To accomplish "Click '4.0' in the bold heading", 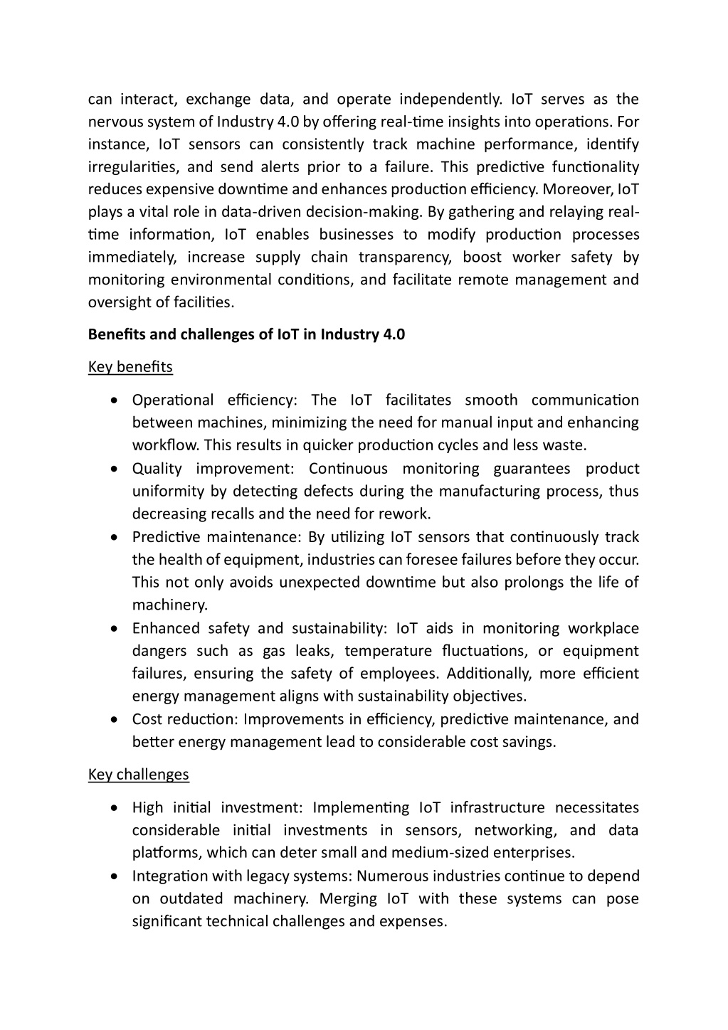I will pos(394,335).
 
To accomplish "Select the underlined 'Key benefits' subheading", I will pos(130,367).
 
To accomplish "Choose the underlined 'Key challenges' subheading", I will pos(139,775).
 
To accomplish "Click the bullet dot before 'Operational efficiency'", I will pos(115,401).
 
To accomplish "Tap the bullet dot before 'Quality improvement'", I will pos(115,469).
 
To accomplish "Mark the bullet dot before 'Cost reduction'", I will pos(115,720).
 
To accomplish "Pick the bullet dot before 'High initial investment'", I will pos(115,809).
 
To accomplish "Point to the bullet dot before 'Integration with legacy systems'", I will pos(115,877).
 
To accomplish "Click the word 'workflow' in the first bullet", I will pos(165,446).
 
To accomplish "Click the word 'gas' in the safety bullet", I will pos(274,652).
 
